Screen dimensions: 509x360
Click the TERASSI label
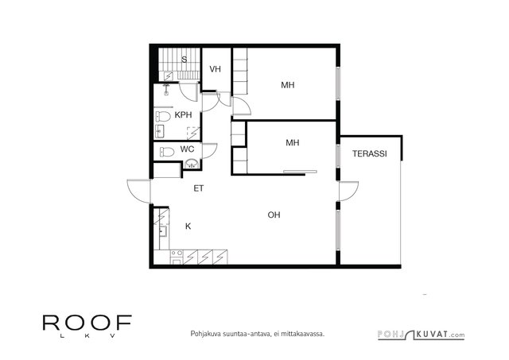pyautogui.click(x=369, y=153)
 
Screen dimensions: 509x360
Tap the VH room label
pyautogui.click(x=215, y=69)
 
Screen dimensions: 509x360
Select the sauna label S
pyautogui.click(x=184, y=60)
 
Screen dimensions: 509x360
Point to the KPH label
pyautogui.click(x=183, y=114)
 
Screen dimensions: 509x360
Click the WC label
pyautogui.click(x=187, y=149)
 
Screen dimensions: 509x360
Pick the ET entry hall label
pyautogui.click(x=198, y=188)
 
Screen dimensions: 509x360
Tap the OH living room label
pyautogui.click(x=274, y=215)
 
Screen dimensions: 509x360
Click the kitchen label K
pyautogui.click(x=188, y=226)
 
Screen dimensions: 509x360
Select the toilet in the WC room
pyautogui.click(x=167, y=152)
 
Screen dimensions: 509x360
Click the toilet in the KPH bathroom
pyautogui.click(x=163, y=117)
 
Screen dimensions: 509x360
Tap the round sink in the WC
pyautogui.click(x=192, y=165)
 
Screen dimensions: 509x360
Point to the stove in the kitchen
pyautogui.click(x=177, y=257)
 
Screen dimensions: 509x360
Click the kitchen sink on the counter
pyautogui.click(x=162, y=231)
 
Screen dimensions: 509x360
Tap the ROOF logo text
pyautogui.click(x=87, y=323)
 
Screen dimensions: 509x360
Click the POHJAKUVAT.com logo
pyautogui.click(x=421, y=335)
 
